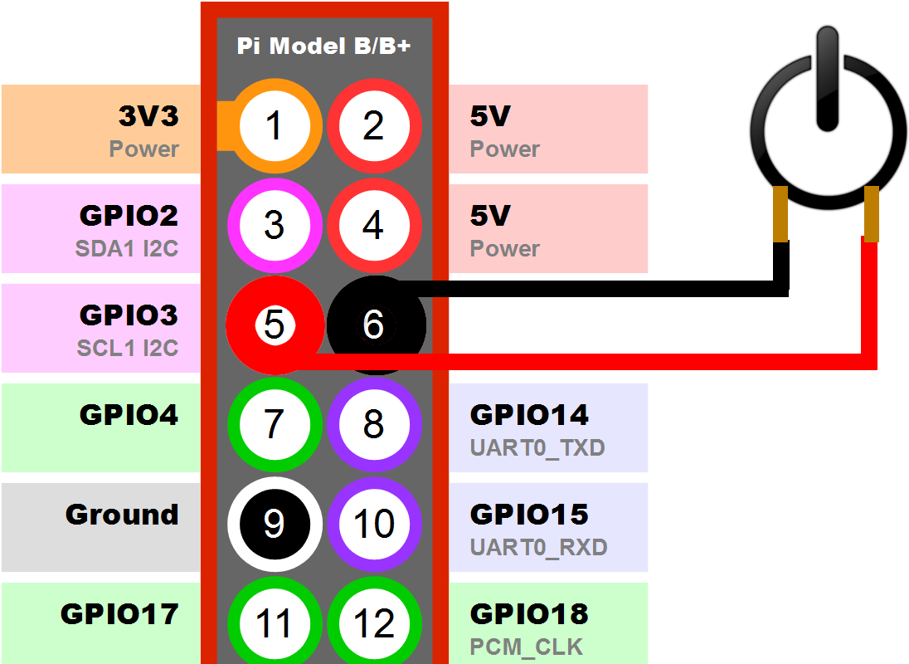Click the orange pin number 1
(274, 126)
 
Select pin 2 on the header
(374, 126)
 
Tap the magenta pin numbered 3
(274, 225)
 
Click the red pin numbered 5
(274, 325)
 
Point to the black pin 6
(374, 325)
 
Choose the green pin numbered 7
(274, 424)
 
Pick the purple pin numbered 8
(374, 424)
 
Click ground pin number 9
(274, 524)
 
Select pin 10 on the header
(374, 524)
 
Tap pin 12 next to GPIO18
(374, 622)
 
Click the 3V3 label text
(148, 116)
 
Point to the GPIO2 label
(129, 216)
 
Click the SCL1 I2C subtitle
(128, 348)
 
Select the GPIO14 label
(529, 414)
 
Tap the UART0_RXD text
(538, 548)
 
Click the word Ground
(122, 515)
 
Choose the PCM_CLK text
(526, 647)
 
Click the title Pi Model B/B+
(323, 46)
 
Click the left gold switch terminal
(780, 214)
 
